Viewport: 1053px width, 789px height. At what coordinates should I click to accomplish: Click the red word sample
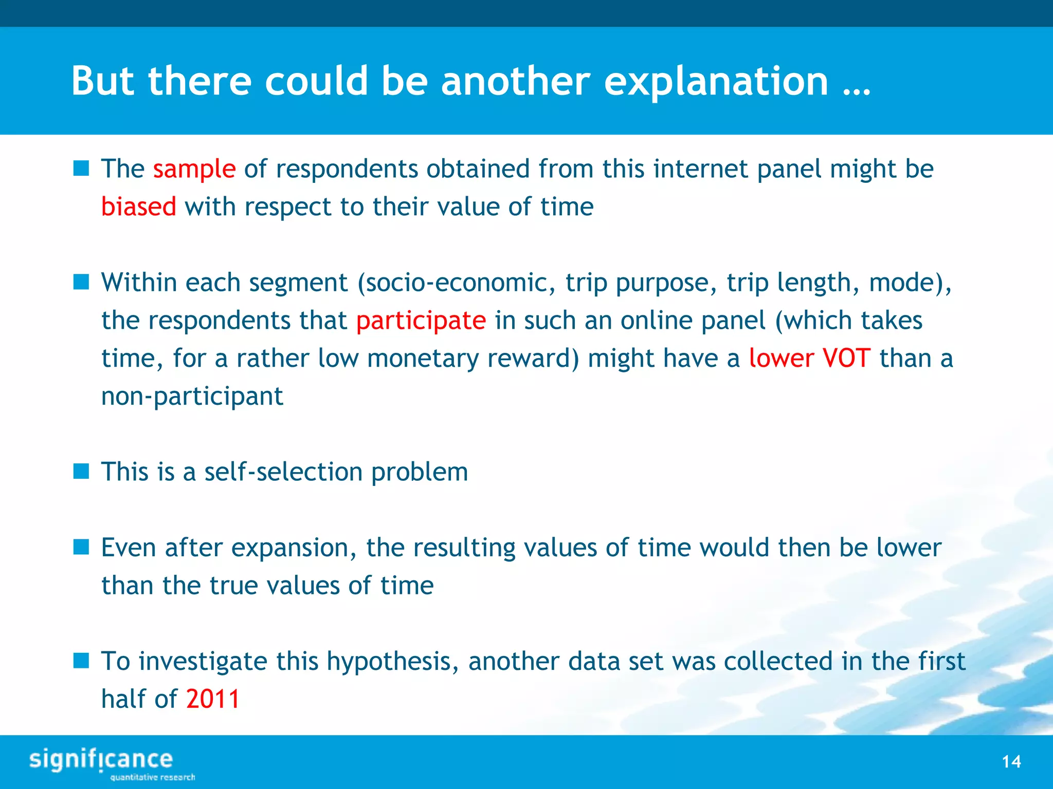[x=194, y=170]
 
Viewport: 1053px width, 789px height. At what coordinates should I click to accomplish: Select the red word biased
[x=138, y=207]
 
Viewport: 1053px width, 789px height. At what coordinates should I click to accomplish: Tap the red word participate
[x=421, y=321]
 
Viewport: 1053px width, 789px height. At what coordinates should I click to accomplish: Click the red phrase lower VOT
[x=809, y=359]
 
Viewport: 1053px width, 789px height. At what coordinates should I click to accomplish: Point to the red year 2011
[x=212, y=699]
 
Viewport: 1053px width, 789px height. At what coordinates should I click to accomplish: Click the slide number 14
[x=1011, y=761]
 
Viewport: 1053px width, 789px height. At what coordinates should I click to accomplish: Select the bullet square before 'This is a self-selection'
[x=81, y=471]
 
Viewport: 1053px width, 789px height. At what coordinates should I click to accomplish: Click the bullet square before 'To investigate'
[x=81, y=661]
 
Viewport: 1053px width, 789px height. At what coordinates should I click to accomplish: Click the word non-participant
[x=192, y=397]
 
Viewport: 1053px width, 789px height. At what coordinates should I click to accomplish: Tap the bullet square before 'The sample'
[x=81, y=168]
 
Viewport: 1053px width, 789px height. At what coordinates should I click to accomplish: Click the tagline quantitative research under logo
[x=152, y=777]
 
